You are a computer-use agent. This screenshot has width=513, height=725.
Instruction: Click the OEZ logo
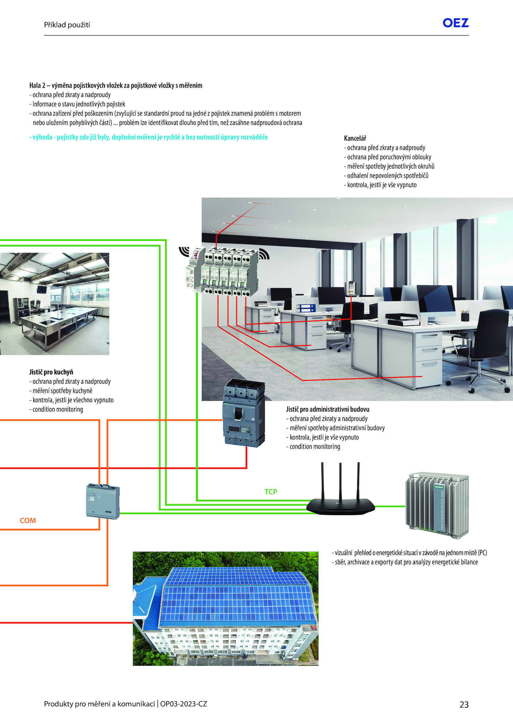click(x=456, y=23)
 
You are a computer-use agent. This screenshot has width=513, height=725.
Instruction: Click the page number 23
click(x=464, y=704)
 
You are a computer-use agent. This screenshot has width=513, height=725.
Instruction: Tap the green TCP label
click(x=271, y=492)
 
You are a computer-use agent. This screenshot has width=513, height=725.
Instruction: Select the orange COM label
click(x=28, y=521)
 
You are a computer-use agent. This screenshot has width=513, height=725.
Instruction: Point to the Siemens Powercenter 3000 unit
click(x=437, y=505)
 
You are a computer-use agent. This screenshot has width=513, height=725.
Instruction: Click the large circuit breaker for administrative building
click(x=244, y=413)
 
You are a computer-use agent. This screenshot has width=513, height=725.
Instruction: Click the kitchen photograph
click(x=55, y=304)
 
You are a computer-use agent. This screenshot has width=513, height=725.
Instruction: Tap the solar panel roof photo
click(x=226, y=609)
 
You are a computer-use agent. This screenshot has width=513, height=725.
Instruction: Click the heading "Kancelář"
click(x=355, y=138)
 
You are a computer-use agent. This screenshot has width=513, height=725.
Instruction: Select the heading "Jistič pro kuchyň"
click(x=51, y=372)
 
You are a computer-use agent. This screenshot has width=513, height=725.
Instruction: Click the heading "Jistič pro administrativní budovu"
click(x=328, y=409)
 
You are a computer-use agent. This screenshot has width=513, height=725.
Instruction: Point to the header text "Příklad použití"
click(x=67, y=25)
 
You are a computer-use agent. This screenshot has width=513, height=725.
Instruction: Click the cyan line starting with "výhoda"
click(x=148, y=137)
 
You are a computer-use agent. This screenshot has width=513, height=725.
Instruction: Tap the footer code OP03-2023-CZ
click(x=184, y=704)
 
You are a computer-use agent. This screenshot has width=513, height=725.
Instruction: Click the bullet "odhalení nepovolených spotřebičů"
click(x=386, y=176)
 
